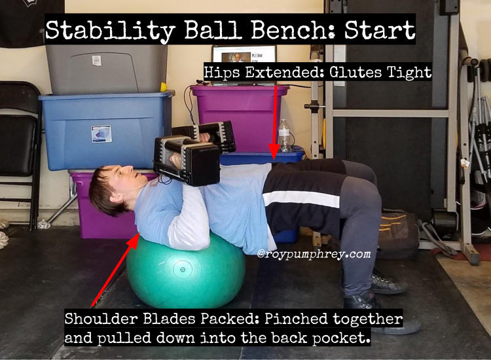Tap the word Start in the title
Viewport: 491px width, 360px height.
[380, 29]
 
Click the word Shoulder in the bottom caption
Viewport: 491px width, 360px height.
[101, 319]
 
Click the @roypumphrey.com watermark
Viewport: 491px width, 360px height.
[314, 253]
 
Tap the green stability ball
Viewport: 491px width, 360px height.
[186, 269]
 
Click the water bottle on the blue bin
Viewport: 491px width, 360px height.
[285, 136]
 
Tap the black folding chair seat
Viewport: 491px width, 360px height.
[18, 135]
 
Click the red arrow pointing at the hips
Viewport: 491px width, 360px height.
[275, 122]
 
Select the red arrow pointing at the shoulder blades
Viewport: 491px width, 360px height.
[115, 269]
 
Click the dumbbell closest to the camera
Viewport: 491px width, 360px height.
[187, 160]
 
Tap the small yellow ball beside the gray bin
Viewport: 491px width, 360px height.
[163, 86]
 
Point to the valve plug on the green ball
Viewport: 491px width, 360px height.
[183, 269]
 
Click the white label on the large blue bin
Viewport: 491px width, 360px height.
[101, 134]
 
